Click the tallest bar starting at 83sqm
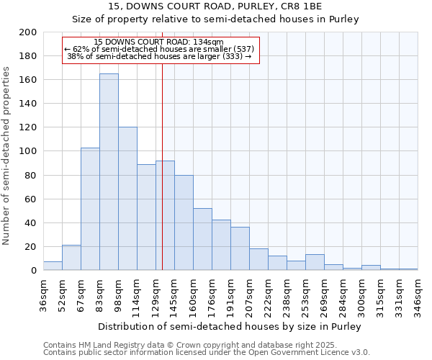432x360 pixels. [109, 172]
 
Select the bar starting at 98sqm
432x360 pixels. [127, 199]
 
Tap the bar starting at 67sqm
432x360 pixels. [90, 209]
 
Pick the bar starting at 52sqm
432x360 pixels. [71, 258]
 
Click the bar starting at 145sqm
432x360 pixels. [184, 222]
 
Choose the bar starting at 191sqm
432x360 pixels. [240, 248]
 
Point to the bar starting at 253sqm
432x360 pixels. [315, 262]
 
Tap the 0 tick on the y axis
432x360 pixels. [33, 271]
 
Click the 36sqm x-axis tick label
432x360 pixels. [43, 295]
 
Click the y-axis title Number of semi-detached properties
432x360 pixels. [6, 156]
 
